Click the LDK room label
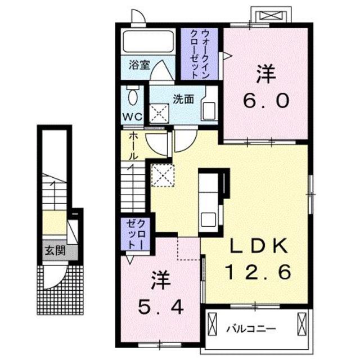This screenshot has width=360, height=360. tap(259, 246)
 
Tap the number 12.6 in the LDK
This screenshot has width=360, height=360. tap(259, 273)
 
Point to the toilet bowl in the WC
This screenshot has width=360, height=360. tap(133, 97)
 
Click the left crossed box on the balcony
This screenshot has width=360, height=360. tap(212, 325)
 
